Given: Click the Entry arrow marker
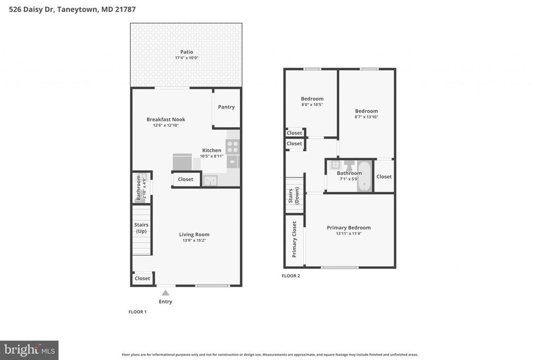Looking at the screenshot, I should click(x=165, y=293).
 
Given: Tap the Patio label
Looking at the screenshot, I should click(x=187, y=52).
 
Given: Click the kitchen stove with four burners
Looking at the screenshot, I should click(x=233, y=147).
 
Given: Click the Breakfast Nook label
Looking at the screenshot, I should click(x=166, y=120).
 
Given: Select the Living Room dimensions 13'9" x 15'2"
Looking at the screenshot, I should click(x=194, y=241).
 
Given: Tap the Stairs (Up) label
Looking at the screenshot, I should click(x=141, y=228).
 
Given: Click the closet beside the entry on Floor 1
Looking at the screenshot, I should click(x=142, y=278).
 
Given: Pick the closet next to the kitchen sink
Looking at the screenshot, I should click(x=185, y=179).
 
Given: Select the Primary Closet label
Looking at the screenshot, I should click(x=294, y=239).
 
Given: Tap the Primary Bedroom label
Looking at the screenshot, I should click(x=349, y=228).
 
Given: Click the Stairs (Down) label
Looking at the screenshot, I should click(x=294, y=196).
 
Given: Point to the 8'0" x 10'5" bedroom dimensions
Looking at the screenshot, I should click(x=312, y=104).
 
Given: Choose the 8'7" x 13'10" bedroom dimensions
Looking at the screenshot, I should click(x=366, y=117).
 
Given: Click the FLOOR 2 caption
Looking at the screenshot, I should click(x=291, y=276).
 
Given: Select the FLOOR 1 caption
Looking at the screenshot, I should click(x=138, y=312).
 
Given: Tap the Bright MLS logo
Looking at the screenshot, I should click(x=29, y=349).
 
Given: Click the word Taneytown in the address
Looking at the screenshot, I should click(x=78, y=9).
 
